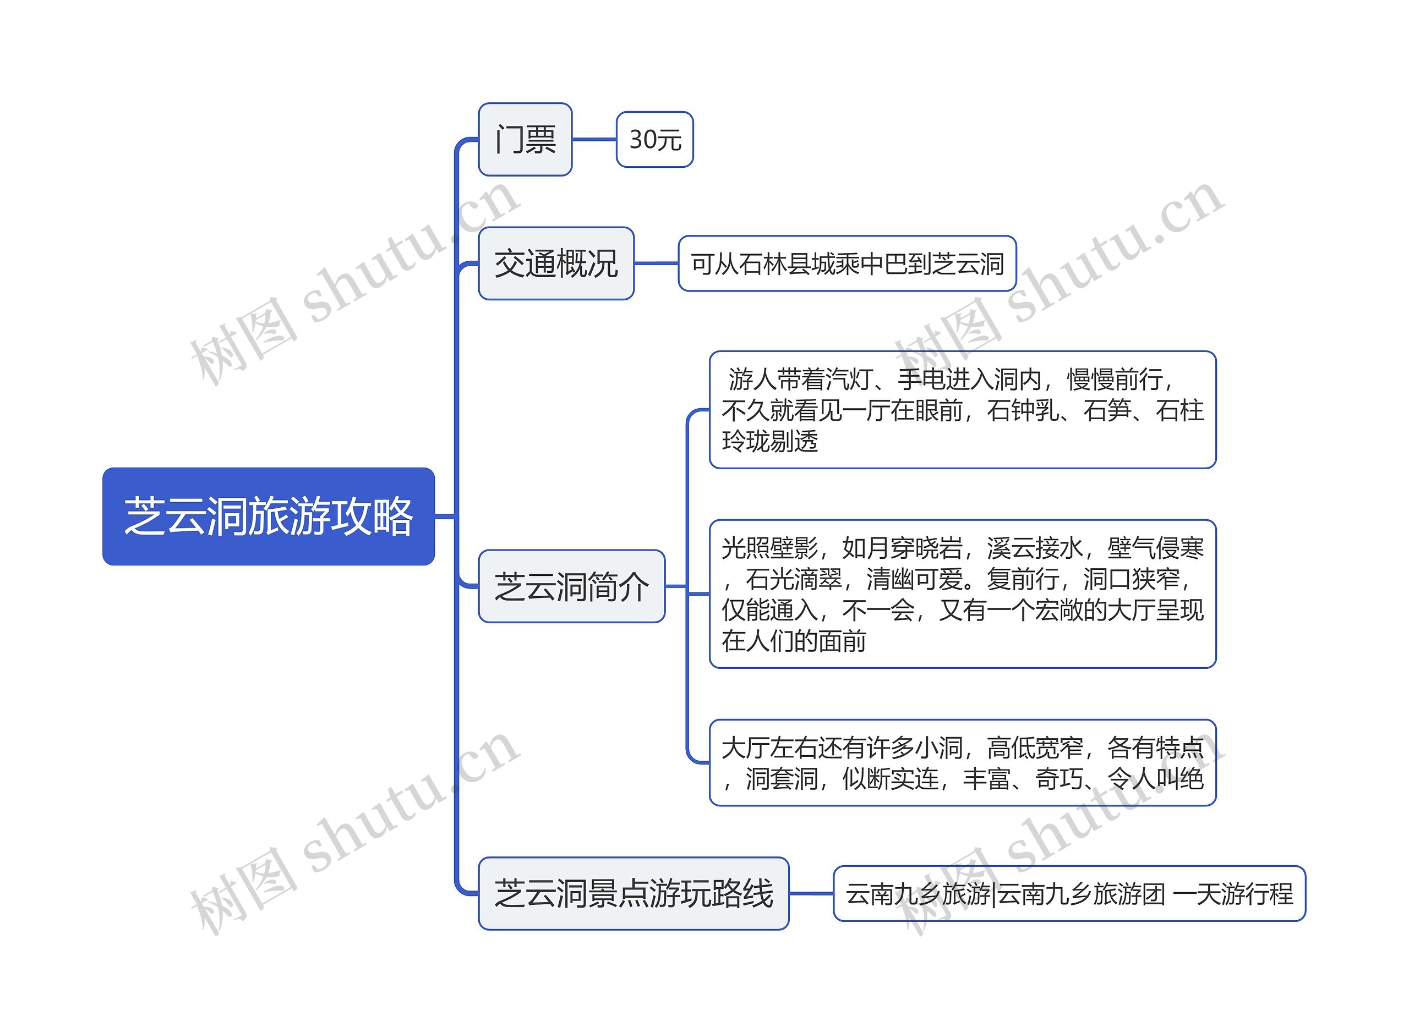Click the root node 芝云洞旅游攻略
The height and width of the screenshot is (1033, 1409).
[269, 516]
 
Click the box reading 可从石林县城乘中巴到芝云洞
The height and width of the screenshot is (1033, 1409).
[847, 263]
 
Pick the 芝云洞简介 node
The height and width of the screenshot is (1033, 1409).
[571, 586]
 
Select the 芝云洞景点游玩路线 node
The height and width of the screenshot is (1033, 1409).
[633, 893]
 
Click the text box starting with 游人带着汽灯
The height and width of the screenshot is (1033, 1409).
[962, 410]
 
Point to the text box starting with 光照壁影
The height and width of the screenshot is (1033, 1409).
[962, 594]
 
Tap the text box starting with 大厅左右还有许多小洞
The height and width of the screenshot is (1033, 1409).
[962, 763]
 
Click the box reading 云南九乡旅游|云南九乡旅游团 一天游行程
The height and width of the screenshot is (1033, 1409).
[1069, 893]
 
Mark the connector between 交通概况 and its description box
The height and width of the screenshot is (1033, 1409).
[656, 263]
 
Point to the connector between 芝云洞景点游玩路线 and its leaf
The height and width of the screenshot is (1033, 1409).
[811, 893]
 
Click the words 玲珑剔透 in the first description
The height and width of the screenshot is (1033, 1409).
[770, 441]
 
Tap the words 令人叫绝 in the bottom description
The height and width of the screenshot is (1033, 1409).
[1156, 778]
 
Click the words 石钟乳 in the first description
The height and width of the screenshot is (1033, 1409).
[1024, 410]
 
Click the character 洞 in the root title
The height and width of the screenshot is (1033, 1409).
[227, 516]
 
